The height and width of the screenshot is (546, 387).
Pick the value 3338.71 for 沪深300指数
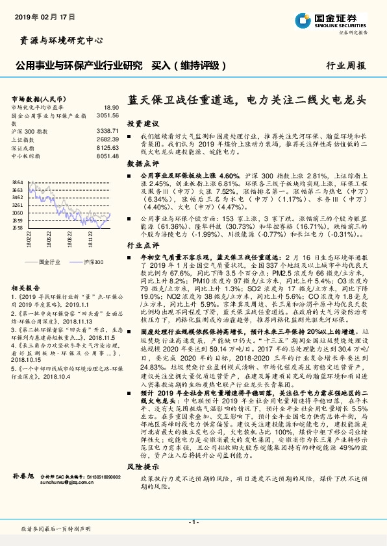click(108, 131)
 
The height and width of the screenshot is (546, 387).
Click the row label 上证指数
click(22, 139)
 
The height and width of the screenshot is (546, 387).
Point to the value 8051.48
click(108, 156)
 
